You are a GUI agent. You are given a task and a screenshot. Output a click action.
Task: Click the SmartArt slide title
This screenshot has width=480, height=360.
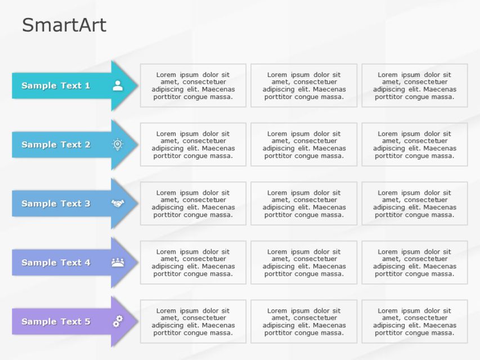click(x=64, y=25)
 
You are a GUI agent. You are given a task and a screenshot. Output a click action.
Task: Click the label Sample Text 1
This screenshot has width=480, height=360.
click(x=56, y=85)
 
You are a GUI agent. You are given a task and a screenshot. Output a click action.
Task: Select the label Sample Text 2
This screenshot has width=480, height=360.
click(x=56, y=145)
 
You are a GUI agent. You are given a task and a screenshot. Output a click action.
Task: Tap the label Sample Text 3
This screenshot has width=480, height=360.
click(x=56, y=204)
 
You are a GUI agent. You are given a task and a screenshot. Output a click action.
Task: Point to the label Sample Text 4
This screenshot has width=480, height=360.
click(x=56, y=263)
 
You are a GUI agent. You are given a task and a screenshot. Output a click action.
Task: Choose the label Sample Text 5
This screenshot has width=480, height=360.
click(x=56, y=322)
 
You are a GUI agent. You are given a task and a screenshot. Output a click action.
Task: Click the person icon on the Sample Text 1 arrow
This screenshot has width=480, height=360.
click(x=118, y=85)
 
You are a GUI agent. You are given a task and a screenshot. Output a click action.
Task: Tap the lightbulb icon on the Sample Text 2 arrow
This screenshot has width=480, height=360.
click(x=118, y=145)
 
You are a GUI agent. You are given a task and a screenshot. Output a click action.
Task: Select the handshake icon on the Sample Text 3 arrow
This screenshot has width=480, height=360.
click(x=118, y=203)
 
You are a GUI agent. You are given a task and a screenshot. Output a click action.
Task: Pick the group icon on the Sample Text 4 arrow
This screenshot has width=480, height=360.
click(x=118, y=262)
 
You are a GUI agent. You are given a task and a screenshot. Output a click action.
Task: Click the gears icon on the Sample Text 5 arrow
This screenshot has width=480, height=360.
click(x=118, y=321)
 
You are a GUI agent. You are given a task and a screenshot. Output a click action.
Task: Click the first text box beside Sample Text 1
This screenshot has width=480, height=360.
click(x=193, y=85)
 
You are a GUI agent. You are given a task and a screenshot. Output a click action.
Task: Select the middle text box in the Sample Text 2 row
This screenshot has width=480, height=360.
click(x=304, y=145)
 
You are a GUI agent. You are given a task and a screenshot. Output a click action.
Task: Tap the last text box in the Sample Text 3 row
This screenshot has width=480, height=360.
click(x=414, y=204)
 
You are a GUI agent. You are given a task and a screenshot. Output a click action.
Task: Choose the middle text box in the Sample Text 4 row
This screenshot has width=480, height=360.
click(x=304, y=263)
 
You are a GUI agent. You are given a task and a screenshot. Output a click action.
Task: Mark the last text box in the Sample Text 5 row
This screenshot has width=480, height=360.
click(x=414, y=322)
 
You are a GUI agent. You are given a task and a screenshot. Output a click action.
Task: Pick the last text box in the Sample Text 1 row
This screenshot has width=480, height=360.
click(x=414, y=85)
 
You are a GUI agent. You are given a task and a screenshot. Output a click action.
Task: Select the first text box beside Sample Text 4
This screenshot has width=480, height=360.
click(x=193, y=263)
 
